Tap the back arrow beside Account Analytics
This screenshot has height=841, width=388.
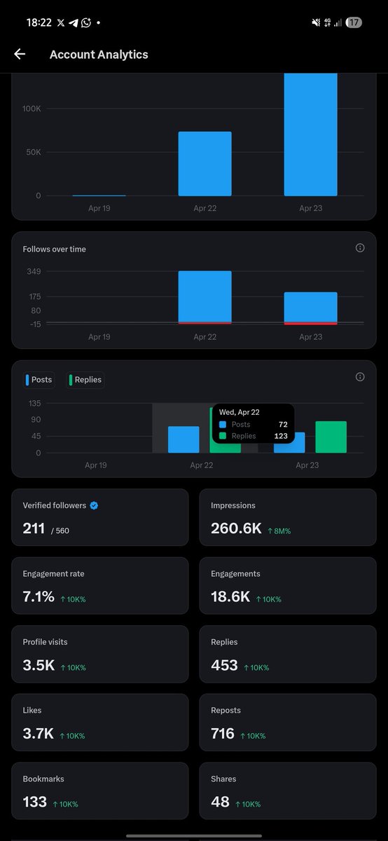pos(20,54)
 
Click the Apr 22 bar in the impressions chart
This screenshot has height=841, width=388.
pos(205,164)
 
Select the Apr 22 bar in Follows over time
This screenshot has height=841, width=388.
pos(205,297)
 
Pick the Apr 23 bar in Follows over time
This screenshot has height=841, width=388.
pos(311,308)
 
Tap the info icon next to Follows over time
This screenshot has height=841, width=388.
pos(360,248)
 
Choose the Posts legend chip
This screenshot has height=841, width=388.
pos(39,380)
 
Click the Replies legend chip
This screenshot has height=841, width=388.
pos(85,380)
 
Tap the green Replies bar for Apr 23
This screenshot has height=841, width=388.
pos(331,437)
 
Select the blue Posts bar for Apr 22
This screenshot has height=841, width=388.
pos(183,439)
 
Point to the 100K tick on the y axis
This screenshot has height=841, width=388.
pos(32,109)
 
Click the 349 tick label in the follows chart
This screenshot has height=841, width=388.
pos(34,271)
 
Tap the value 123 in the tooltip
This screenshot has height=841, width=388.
pos(281,436)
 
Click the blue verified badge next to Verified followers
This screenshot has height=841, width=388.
pos(94,505)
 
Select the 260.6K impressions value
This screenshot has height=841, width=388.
pos(236,528)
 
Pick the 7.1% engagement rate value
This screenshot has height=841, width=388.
pos(39,596)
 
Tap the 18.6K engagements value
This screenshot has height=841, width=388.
pos(230,596)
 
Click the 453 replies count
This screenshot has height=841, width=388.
pos(224,665)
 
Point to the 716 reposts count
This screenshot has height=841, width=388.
pos(223,734)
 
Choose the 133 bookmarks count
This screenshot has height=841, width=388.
pos(35,802)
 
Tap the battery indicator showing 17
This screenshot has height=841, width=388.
pos(354,22)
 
